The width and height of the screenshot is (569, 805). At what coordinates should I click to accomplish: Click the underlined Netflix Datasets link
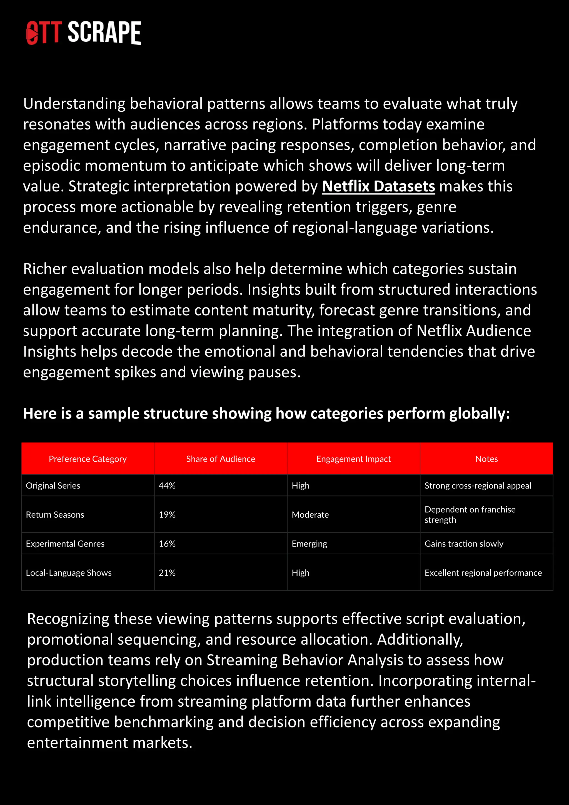point(378,186)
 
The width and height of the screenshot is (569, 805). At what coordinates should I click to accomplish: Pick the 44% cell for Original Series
point(167,486)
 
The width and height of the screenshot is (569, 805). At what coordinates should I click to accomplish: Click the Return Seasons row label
point(55,514)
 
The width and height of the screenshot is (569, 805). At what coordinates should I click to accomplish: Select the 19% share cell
point(167,514)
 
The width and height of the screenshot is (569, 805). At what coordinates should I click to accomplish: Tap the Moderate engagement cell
point(310,514)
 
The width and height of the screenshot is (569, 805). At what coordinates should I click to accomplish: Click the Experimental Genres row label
point(65,544)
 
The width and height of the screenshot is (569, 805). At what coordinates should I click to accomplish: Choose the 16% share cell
point(167,544)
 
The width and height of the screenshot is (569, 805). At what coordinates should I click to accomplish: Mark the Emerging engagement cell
point(309,544)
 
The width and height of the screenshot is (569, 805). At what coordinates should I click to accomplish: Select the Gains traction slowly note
point(464,544)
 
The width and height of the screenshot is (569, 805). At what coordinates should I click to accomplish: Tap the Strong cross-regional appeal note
point(478,486)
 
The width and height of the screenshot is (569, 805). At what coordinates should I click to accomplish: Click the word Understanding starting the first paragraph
point(74,104)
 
